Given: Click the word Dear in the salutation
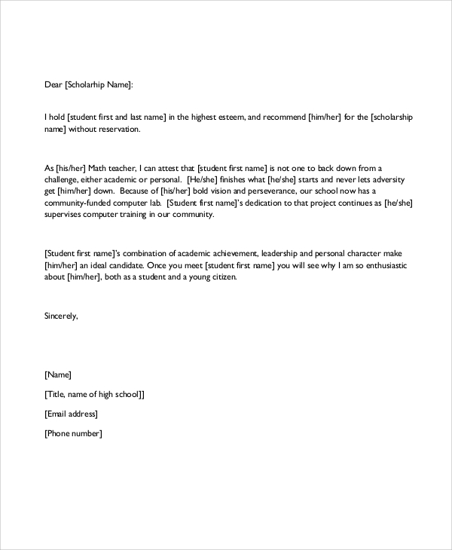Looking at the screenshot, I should pos(53,86).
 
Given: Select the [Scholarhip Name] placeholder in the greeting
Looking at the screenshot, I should pos(99,86).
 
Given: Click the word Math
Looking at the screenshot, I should pos(94,167).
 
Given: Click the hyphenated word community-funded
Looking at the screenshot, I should pos(81,203).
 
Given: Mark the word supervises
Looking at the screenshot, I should pos(66,215).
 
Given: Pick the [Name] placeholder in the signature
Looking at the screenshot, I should pos(58,374).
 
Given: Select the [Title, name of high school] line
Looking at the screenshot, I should pos(94,394).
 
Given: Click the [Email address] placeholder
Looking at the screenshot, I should pos(72,414).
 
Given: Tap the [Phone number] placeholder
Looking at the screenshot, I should pos(73,433).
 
